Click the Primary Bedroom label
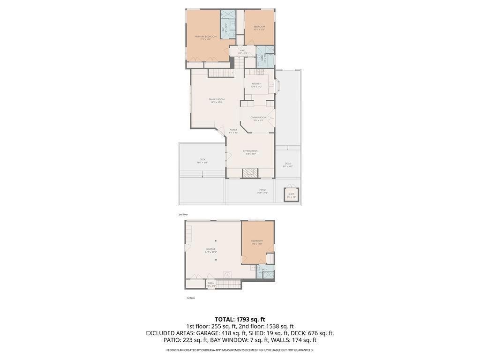coord(205,37)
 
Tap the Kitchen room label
coord(256,84)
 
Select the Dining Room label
coord(258,118)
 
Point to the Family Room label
coord(217,99)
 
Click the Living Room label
coord(251,151)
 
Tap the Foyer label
coord(233,130)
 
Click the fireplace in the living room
coord(250,173)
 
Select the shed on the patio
coord(291,194)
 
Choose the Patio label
coord(262,190)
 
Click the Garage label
coord(211,249)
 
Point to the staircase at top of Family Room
coord(220,73)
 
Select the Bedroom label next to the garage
coord(257,241)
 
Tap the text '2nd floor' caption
coord(183,214)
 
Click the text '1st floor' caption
coord(190,298)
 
